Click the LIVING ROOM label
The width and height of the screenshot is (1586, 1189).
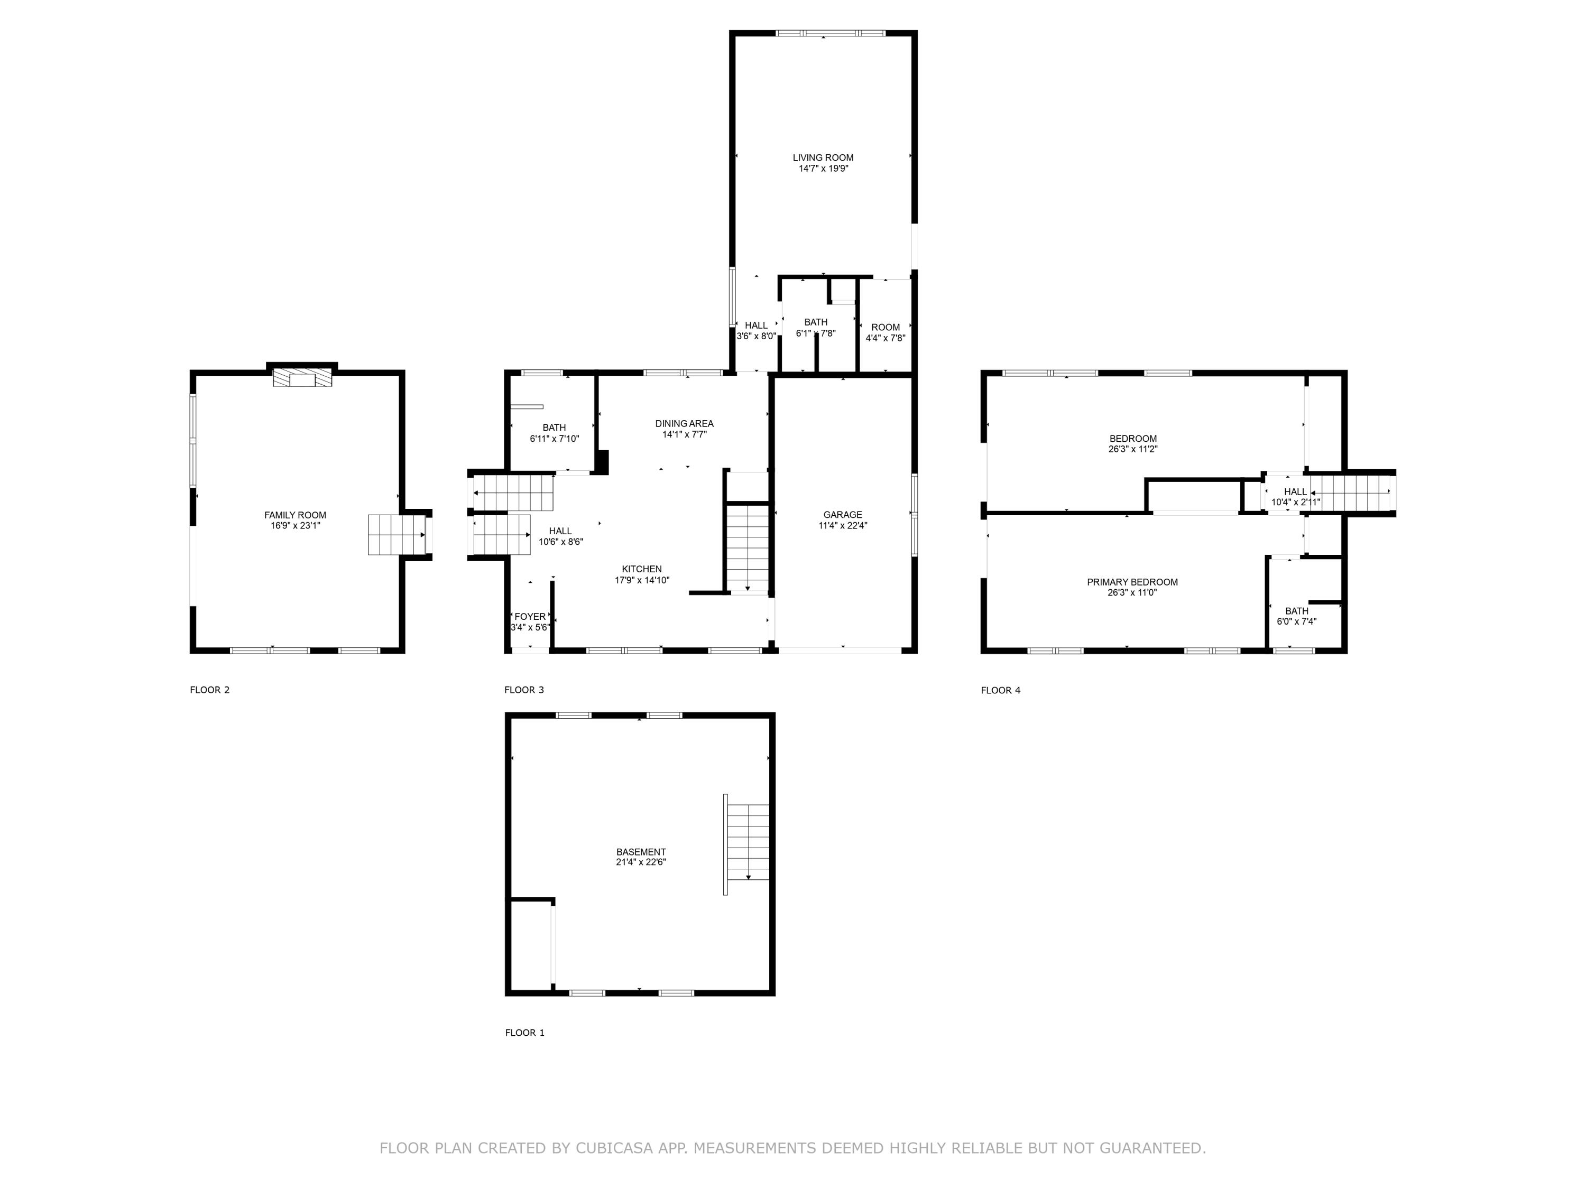823,157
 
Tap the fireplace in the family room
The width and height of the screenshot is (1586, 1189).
302,378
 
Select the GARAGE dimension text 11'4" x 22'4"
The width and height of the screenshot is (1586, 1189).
843,525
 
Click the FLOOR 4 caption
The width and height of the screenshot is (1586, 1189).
1000,690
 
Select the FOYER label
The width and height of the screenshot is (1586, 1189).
530,616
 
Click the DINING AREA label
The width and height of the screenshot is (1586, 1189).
684,424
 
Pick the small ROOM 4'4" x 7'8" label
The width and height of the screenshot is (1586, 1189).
886,328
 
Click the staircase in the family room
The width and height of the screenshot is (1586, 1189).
396,535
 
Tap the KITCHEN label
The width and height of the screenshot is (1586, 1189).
642,569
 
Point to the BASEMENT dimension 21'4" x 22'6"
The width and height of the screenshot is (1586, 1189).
640,862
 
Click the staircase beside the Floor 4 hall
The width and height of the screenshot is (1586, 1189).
1352,493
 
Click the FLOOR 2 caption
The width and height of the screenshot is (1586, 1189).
209,690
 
